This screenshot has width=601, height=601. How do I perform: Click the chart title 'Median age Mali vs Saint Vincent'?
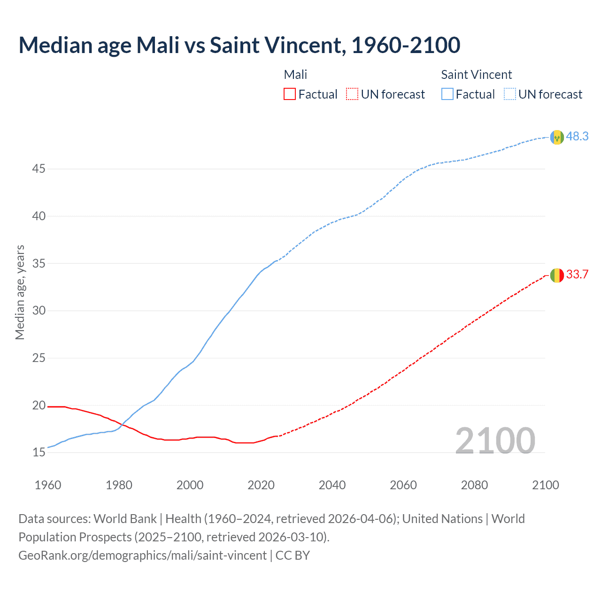click(239, 46)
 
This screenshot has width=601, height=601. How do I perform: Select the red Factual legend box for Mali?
click(290, 94)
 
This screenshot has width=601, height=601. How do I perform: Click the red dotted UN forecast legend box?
click(352, 94)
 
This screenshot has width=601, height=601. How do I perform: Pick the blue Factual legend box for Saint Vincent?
click(447, 94)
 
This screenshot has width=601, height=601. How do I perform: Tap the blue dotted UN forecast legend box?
click(510, 94)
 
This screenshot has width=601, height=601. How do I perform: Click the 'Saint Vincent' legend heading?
click(476, 75)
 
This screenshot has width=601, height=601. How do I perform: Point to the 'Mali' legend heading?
click(295, 75)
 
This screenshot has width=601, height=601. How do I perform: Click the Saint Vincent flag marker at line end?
click(557, 137)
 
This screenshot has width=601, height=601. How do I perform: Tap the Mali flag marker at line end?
click(557, 275)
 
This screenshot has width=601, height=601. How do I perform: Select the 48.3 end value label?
click(577, 136)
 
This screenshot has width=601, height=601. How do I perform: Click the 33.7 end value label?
click(577, 275)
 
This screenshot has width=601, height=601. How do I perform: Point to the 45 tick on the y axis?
click(39, 169)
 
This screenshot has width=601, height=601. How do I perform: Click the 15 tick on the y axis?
click(39, 453)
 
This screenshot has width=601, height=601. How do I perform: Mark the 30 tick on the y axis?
click(39, 310)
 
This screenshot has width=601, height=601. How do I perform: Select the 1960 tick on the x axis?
click(48, 485)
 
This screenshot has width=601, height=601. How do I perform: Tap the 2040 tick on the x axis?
click(332, 485)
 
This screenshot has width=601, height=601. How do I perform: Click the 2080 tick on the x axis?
click(474, 485)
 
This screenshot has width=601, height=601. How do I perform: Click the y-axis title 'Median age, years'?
click(20, 292)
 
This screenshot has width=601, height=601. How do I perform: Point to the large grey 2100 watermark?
click(495, 440)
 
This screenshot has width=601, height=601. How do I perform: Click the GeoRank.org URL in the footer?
click(142, 555)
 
